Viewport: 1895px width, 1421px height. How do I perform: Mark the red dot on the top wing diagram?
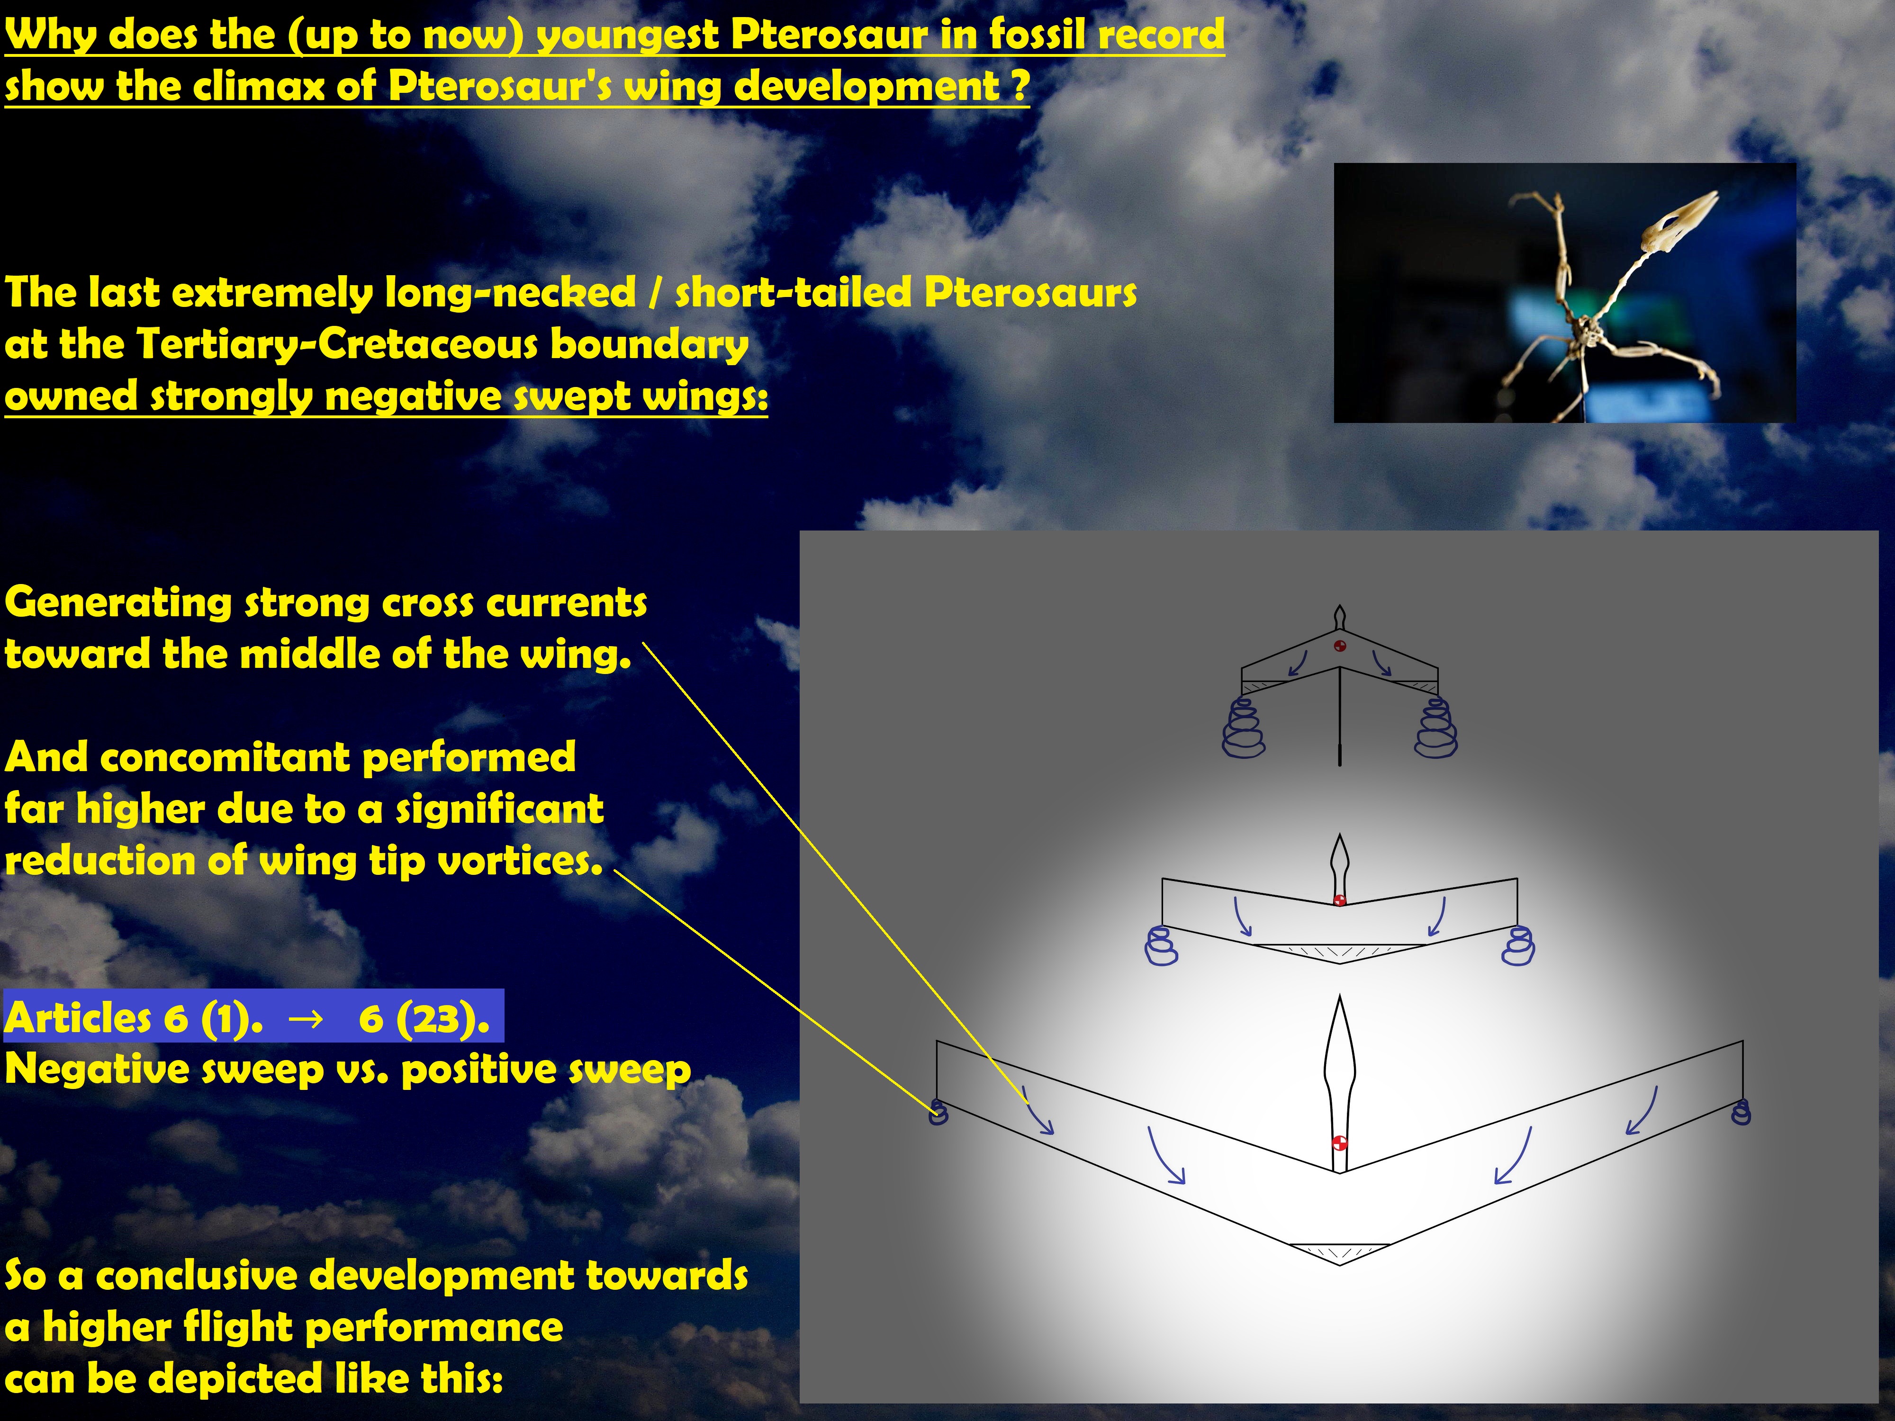(1341, 645)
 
